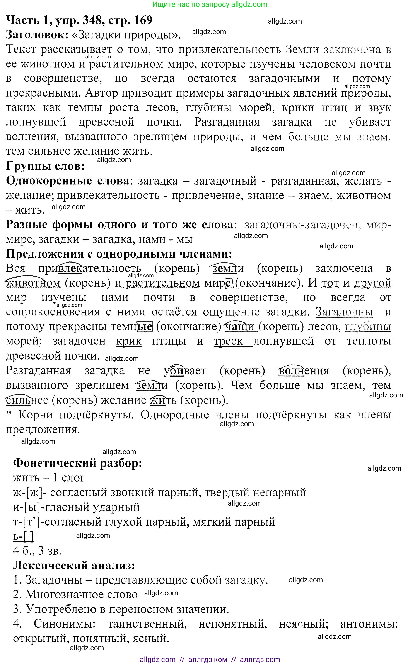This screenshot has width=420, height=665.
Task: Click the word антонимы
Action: tap(369, 624)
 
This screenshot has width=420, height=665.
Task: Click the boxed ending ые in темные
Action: tap(145, 327)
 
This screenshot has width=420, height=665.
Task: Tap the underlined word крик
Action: tap(129, 341)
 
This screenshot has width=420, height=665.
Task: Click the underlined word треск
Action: tap(228, 341)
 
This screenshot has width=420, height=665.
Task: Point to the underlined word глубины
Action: tap(368, 327)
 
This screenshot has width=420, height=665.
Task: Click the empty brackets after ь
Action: tap(29, 536)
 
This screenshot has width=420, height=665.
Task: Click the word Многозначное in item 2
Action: tap(82, 594)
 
